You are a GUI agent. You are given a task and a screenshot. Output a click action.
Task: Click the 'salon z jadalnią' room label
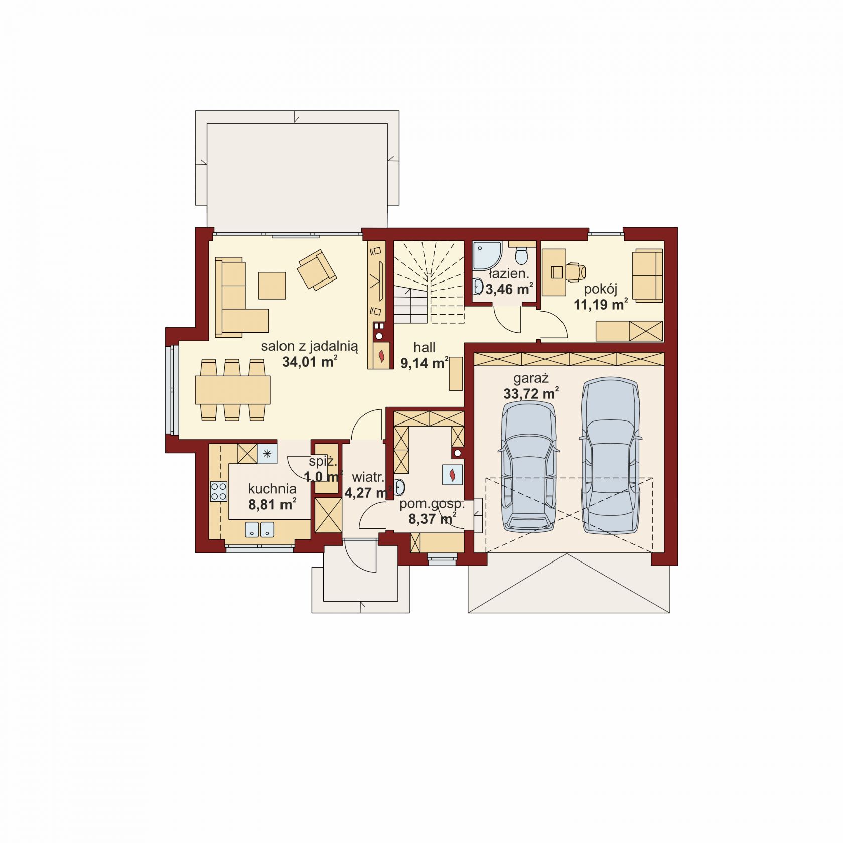point(310,346)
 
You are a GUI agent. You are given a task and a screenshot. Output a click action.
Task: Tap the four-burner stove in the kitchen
point(218,491)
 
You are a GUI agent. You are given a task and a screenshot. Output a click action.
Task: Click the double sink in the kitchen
point(260,529)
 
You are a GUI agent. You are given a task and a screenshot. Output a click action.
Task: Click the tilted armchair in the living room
point(316,270)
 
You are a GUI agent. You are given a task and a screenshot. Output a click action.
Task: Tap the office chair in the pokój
point(575,271)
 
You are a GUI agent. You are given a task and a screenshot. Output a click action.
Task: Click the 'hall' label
point(425,347)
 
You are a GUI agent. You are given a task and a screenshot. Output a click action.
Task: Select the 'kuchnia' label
point(272,488)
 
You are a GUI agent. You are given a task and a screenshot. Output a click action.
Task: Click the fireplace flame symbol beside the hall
point(382,355)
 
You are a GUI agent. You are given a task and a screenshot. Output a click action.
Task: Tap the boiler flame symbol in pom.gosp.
point(452,474)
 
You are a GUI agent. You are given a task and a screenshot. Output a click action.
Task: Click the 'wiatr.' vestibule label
point(368,477)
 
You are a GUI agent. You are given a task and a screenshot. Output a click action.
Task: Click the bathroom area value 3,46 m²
point(509,289)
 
